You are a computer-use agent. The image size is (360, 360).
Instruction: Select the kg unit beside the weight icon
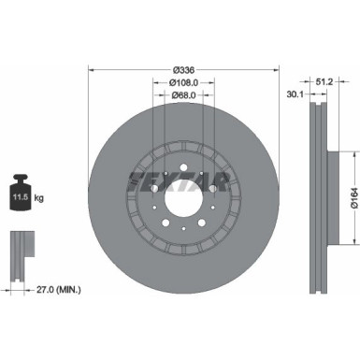[x=38, y=199]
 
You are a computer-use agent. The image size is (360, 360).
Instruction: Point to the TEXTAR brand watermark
[x=178, y=178]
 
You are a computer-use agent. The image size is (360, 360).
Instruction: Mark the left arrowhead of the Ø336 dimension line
[x=92, y=69]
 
